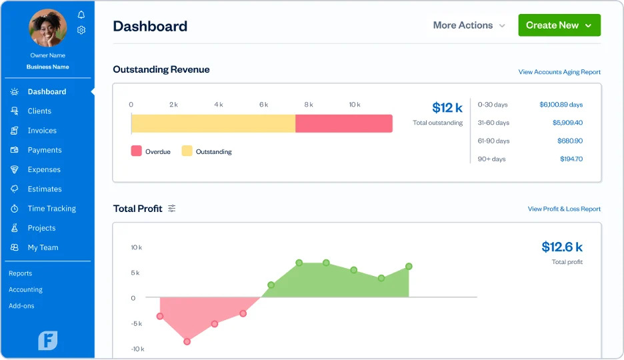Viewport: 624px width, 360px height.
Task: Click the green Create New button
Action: click(559, 25)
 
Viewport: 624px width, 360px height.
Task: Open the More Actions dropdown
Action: click(469, 25)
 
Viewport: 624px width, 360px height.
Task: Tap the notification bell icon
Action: click(81, 15)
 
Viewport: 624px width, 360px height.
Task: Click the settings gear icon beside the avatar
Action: click(81, 30)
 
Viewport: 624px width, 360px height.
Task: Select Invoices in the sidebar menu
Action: click(42, 131)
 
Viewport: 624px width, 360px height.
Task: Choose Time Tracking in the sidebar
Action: click(51, 209)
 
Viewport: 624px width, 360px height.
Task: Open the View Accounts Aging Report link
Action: click(559, 72)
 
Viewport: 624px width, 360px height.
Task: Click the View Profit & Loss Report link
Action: click(564, 209)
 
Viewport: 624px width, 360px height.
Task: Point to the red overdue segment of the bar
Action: click(343, 123)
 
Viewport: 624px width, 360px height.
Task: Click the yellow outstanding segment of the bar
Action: click(213, 123)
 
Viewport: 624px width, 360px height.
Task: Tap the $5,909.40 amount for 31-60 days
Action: click(567, 123)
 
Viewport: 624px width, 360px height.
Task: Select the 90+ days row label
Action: click(492, 159)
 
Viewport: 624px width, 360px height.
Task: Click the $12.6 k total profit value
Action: click(561, 247)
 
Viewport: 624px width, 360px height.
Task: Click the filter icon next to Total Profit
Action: click(172, 209)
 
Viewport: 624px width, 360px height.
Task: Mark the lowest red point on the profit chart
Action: click(187, 341)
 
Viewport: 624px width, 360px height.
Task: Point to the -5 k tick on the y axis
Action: click(136, 323)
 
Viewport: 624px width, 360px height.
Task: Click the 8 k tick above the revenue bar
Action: click(309, 105)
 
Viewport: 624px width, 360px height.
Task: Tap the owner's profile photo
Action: click(48, 28)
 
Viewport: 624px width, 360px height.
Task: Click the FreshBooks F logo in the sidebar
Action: click(48, 340)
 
